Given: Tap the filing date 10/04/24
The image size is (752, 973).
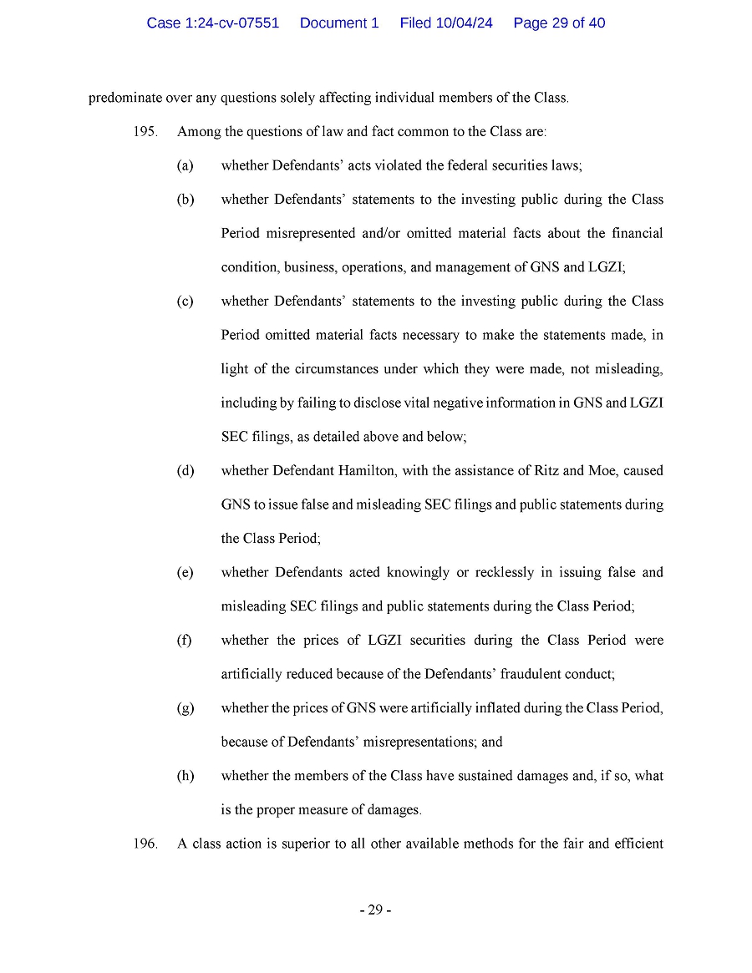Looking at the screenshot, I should tap(464, 23).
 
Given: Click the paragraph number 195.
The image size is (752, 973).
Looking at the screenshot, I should tap(145, 132).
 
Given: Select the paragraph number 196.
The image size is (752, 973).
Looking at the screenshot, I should tap(145, 844).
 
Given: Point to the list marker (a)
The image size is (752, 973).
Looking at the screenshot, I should tap(185, 165).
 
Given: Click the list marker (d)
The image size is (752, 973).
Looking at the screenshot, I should tap(185, 471).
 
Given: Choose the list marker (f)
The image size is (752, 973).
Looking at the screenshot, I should tap(184, 641).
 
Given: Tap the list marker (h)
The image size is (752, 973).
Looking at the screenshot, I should tap(185, 776).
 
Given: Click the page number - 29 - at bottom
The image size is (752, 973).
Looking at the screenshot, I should tap(375, 910).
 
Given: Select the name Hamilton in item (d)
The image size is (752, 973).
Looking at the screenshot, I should tap(367, 471).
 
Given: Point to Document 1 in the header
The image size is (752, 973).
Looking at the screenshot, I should tap(339, 23).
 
